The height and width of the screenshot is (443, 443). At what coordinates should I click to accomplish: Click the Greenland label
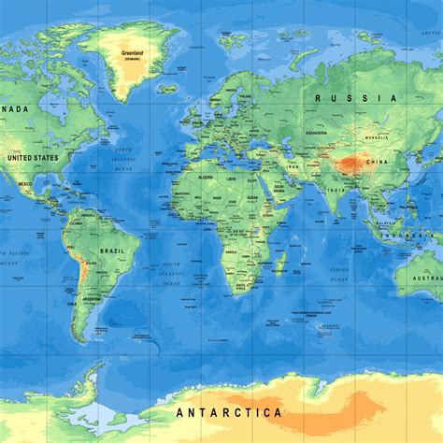(133, 52)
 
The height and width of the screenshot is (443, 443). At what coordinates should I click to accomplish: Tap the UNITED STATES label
(32, 158)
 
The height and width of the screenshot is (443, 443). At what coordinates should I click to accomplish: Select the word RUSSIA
(343, 97)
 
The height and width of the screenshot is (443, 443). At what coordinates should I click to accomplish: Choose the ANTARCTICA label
(228, 411)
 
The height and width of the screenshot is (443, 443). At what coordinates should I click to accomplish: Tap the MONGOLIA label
(377, 137)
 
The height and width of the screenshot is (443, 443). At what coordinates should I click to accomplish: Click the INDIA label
(335, 192)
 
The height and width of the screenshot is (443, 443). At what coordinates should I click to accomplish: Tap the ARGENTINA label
(91, 298)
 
